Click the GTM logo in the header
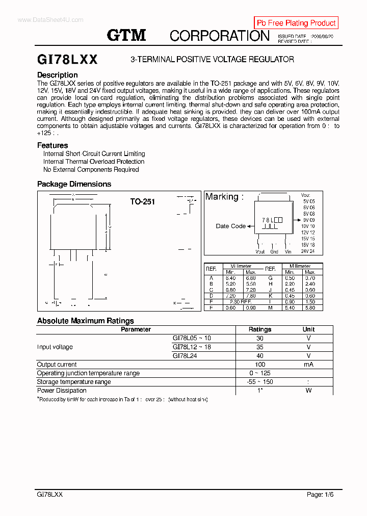click(126, 35)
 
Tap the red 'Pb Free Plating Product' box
click(296, 23)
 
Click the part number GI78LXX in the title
click(67, 60)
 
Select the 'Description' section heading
click(58, 75)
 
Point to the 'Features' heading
click(53, 145)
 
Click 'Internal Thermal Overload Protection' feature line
click(94, 162)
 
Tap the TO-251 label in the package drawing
click(142, 202)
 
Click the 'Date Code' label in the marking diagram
click(230, 226)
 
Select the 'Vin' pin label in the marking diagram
click(288, 251)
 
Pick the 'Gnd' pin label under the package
click(274, 251)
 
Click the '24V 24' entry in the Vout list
click(308, 251)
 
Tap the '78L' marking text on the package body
click(268, 220)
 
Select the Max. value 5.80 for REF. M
click(310, 307)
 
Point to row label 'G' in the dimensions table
click(270, 278)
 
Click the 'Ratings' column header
click(260, 329)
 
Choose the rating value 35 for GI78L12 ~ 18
click(260, 347)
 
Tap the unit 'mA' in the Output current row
click(308, 365)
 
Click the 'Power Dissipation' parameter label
click(62, 391)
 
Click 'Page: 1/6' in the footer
click(320, 495)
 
